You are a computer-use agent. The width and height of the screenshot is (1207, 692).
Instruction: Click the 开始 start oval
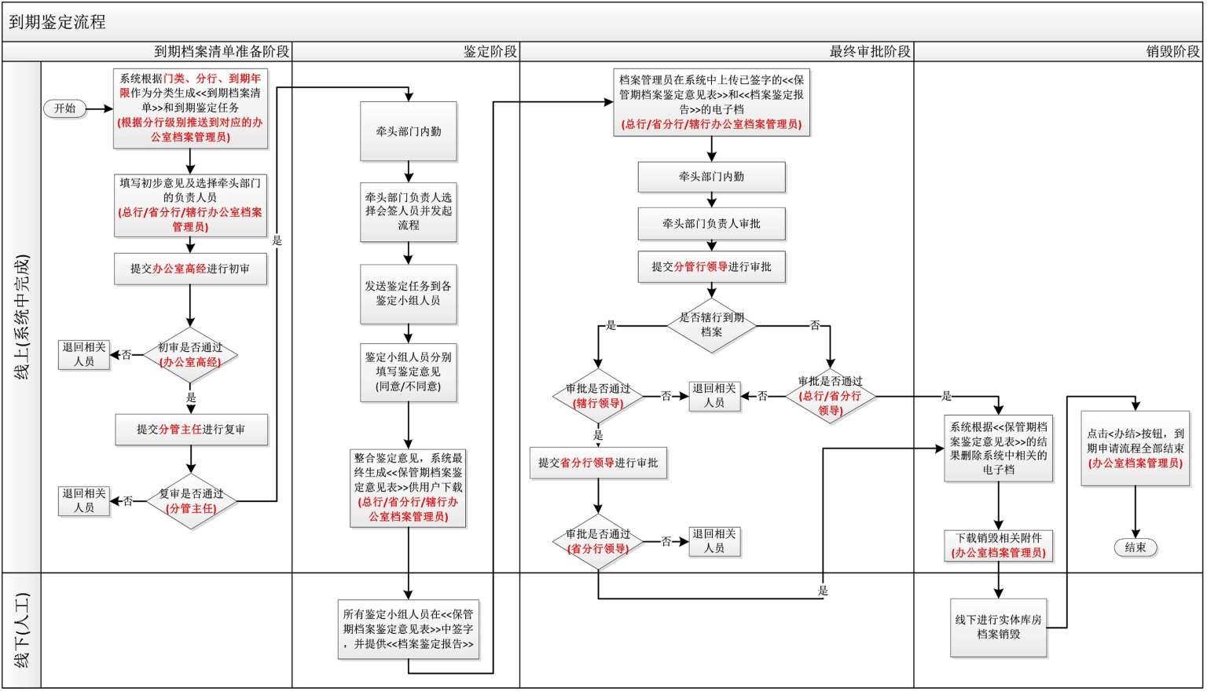pyautogui.click(x=64, y=108)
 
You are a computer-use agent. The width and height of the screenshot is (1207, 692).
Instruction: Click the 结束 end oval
pyautogui.click(x=1135, y=547)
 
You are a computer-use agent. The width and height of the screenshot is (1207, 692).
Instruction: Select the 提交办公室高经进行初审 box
pyautogui.click(x=190, y=269)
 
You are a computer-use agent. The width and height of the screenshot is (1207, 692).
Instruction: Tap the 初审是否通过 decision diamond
pyautogui.click(x=190, y=355)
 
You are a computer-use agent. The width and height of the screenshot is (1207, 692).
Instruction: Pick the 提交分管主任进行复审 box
pyautogui.click(x=191, y=430)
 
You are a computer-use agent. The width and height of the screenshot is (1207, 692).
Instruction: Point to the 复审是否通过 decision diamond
pyautogui.click(x=191, y=501)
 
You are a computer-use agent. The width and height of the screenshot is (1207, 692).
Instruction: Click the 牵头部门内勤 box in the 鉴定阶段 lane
pyautogui.click(x=409, y=131)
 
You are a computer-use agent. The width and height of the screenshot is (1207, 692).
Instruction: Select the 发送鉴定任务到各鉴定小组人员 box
pyautogui.click(x=409, y=294)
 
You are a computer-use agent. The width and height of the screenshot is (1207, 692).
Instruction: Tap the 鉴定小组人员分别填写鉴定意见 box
pyautogui.click(x=409, y=372)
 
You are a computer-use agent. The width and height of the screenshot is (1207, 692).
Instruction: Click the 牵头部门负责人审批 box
pyautogui.click(x=711, y=224)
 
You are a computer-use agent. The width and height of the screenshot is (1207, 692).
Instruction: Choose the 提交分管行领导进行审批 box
pyautogui.click(x=711, y=267)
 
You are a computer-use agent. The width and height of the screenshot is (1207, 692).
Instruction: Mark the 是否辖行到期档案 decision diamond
pyautogui.click(x=711, y=324)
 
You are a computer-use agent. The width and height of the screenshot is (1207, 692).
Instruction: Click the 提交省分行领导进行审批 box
pyautogui.click(x=598, y=463)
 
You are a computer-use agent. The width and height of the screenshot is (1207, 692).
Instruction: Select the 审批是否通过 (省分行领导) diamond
pyautogui.click(x=598, y=541)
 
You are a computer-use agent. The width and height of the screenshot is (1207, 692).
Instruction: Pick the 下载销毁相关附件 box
pyautogui.click(x=998, y=545)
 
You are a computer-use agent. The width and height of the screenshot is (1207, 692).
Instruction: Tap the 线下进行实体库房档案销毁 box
pyautogui.click(x=998, y=627)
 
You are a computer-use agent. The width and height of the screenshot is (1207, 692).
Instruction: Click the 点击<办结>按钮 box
pyautogui.click(x=1135, y=449)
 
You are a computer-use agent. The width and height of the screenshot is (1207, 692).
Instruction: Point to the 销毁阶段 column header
pyautogui.click(x=1172, y=52)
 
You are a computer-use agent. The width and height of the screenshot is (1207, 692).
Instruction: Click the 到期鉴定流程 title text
pyautogui.click(x=57, y=22)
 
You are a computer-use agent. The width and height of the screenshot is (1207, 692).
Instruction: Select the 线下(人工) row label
pyautogui.click(x=22, y=631)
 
